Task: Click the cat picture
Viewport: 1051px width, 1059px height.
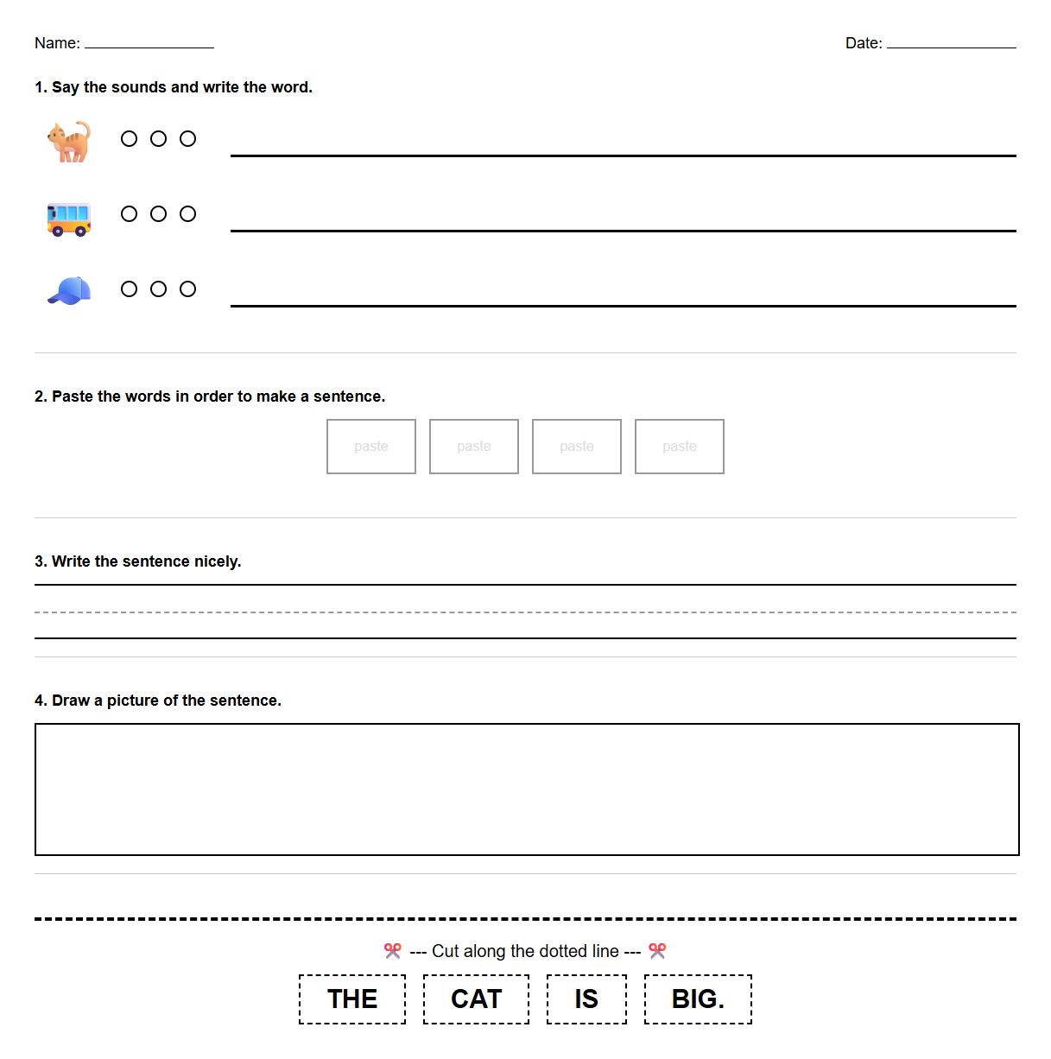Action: pyautogui.click(x=69, y=141)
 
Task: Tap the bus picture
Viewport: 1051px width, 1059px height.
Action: pyautogui.click(x=69, y=219)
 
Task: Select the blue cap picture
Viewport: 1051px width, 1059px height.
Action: pyautogui.click(x=69, y=291)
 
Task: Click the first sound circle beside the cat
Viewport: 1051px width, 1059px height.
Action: pyautogui.click(x=130, y=139)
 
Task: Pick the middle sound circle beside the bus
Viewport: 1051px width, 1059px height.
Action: pyautogui.click(x=159, y=214)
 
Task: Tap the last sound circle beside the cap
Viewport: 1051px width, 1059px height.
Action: pyautogui.click(x=188, y=289)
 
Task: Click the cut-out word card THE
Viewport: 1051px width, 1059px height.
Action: pyautogui.click(x=352, y=999)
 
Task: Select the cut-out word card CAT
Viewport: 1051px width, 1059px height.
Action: pyautogui.click(x=476, y=999)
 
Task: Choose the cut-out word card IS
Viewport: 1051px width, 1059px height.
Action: pyautogui.click(x=586, y=999)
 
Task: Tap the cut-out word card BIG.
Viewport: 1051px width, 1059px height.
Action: pyautogui.click(x=698, y=999)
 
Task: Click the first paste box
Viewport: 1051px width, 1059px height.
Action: pyautogui.click(x=371, y=447)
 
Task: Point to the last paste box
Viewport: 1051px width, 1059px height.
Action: pyautogui.click(x=680, y=447)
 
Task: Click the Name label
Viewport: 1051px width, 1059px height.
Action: pyautogui.click(x=57, y=43)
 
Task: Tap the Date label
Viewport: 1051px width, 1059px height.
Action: pyautogui.click(x=864, y=43)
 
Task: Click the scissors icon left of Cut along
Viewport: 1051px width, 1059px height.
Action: pyautogui.click(x=393, y=951)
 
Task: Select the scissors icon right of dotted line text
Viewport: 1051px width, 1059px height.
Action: pyautogui.click(x=658, y=951)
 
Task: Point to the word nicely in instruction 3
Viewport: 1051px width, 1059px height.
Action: pyautogui.click(x=217, y=561)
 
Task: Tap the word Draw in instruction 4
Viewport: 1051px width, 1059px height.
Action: pyautogui.click(x=71, y=701)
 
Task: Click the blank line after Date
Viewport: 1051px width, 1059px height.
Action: pyautogui.click(x=952, y=47)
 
